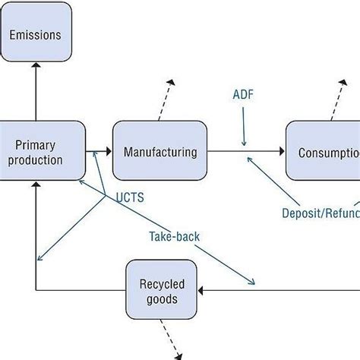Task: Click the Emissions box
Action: click(36, 35)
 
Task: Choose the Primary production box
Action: click(38, 151)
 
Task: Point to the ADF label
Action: click(243, 96)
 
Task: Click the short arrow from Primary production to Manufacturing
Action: click(98, 152)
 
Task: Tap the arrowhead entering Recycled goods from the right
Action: click(202, 289)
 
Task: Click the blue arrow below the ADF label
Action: click(244, 128)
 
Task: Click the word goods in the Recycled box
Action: click(160, 299)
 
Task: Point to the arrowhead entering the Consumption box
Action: click(283, 152)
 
